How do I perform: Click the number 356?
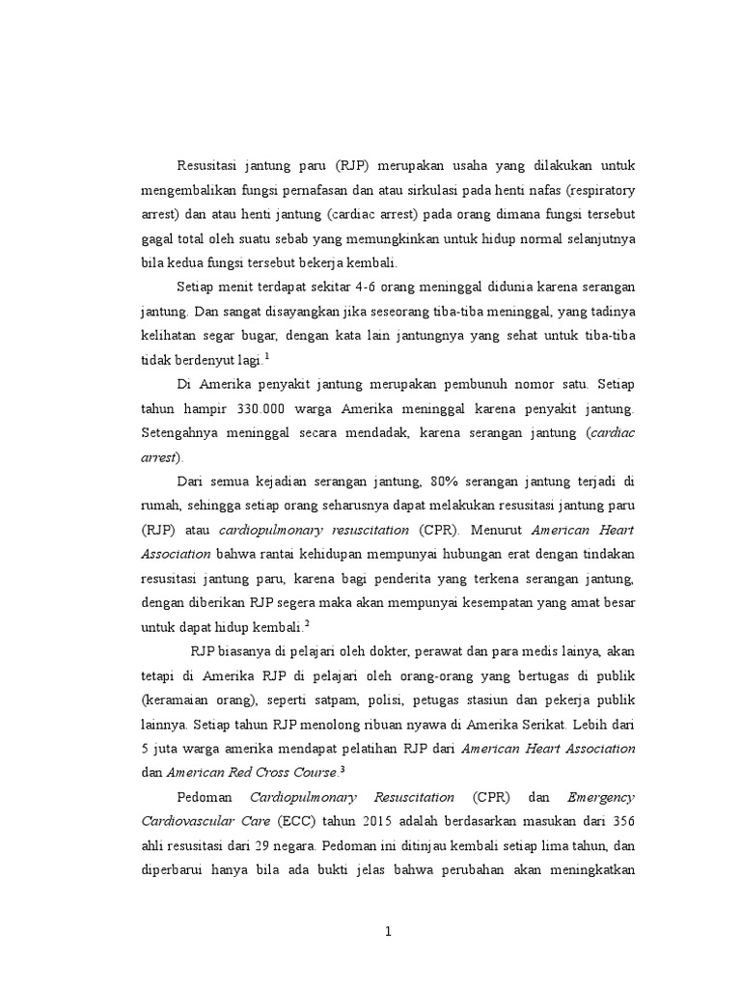tap(622, 822)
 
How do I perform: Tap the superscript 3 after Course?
tap(343, 769)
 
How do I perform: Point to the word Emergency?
tap(602, 797)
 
